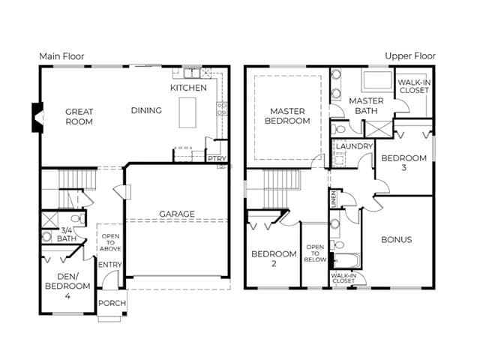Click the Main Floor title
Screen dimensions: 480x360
[x=61, y=57]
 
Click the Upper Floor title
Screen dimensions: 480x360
[x=410, y=56]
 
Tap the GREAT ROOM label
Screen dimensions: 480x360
[x=79, y=117]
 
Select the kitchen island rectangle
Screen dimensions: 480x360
[x=187, y=112]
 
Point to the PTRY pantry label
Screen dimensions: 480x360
[x=217, y=158]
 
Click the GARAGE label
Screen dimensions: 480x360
[x=177, y=214]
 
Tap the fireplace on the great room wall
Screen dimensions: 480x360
[x=37, y=118]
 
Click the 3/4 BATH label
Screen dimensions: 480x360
[x=67, y=235]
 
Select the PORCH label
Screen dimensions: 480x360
[x=112, y=303]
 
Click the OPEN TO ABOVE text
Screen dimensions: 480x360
[x=110, y=242]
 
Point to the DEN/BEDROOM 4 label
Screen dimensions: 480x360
[x=67, y=286]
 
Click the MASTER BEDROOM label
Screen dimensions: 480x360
[x=287, y=116]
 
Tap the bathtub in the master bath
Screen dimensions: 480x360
[x=377, y=80]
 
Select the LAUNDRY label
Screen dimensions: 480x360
[x=354, y=146]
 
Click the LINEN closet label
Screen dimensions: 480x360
[x=334, y=199]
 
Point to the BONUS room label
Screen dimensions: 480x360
[x=397, y=239]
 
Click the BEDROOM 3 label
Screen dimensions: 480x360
[x=404, y=163]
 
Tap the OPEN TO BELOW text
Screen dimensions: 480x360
[x=315, y=253]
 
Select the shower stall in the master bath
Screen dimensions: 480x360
[x=379, y=129]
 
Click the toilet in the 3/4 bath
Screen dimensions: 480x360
[x=77, y=218]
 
